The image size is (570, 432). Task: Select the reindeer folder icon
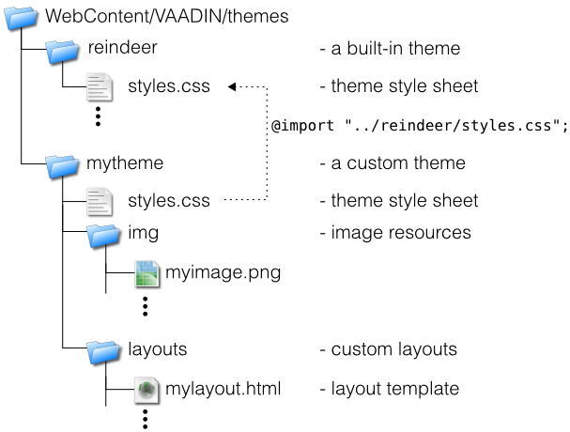[63, 49]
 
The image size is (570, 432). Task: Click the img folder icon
[104, 234]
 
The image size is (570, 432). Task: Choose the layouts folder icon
[104, 350]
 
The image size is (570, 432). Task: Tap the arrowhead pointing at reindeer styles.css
[232, 87]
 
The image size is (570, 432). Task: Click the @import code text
[419, 127]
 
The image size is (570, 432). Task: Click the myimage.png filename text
[223, 273]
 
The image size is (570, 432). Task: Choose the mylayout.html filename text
[223, 388]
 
